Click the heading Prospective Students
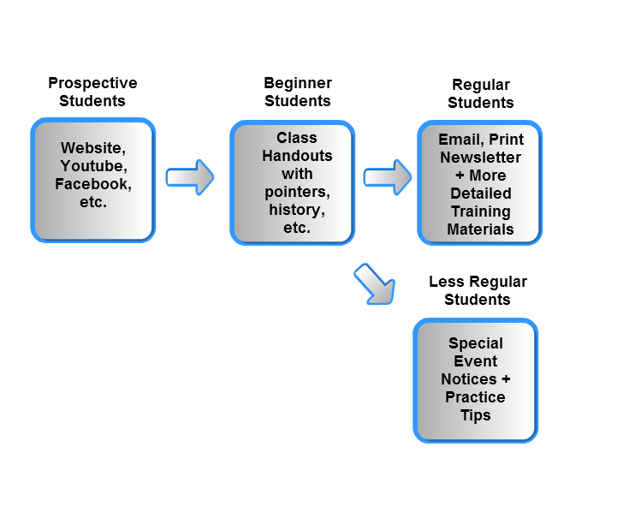pos(92,92)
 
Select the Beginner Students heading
pos(298,92)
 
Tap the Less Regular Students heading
pos(478,290)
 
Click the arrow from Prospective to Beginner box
pos(190,177)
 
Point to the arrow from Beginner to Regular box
pos(388,177)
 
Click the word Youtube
pos(93,166)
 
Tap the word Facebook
pos(93,184)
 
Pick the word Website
pos(93,148)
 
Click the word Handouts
pos(297,156)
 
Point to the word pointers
pos(297,192)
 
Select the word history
pos(297,211)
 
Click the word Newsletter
pos(481,158)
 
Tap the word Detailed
pos(481,194)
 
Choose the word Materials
pos(480,229)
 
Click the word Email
pos(461,140)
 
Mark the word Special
pos(475,344)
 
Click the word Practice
pos(475,397)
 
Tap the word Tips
pos(475,415)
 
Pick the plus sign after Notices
pos(506,378)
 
